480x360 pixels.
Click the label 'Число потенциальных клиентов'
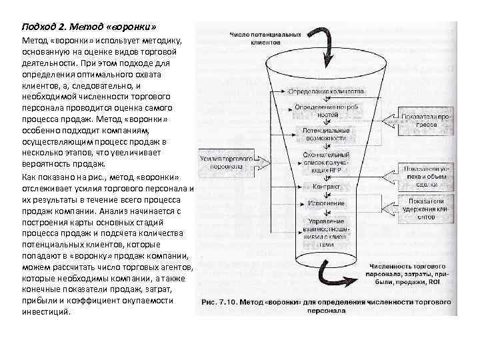(x=265, y=37)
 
